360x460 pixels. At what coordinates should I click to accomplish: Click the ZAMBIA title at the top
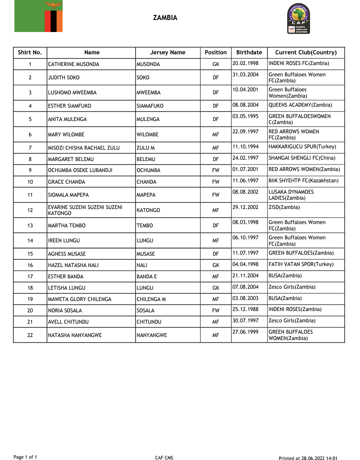pyautogui.click(x=165, y=18)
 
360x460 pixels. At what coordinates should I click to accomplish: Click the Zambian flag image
pyautogui.click(x=38, y=16)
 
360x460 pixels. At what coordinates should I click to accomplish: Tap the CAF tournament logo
pyautogui.click(x=299, y=19)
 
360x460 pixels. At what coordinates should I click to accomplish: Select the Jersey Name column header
pyautogui.click(x=168, y=52)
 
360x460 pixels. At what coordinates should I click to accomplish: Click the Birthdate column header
pyautogui.click(x=249, y=52)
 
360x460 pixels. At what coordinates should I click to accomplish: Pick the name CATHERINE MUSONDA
pyautogui.click(x=74, y=64)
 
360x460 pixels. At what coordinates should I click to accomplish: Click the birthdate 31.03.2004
pyautogui.click(x=245, y=75)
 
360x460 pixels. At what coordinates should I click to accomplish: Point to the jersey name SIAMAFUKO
pyautogui.click(x=150, y=106)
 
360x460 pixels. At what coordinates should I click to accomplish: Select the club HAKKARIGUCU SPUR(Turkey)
pyautogui.click(x=302, y=147)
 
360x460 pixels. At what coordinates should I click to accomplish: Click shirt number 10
pyautogui.click(x=30, y=182)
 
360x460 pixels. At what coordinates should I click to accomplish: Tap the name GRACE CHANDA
pyautogui.click(x=67, y=182)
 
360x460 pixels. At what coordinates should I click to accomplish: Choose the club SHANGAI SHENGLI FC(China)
pyautogui.click(x=302, y=158)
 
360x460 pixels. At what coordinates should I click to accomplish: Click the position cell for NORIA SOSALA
pyautogui.click(x=216, y=311)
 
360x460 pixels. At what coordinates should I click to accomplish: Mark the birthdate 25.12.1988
pyautogui.click(x=245, y=309)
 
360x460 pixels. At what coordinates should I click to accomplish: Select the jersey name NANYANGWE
pyautogui.click(x=152, y=335)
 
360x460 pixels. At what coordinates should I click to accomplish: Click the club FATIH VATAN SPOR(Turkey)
pyautogui.click(x=301, y=264)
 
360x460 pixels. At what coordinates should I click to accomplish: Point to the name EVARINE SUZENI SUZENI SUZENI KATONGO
pyautogui.click(x=85, y=210)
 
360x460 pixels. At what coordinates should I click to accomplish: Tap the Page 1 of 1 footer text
pyautogui.click(x=25, y=457)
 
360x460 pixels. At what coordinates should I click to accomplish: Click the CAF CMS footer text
pyautogui.click(x=164, y=458)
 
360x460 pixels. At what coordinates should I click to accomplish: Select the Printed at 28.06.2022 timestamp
pyautogui.click(x=308, y=458)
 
